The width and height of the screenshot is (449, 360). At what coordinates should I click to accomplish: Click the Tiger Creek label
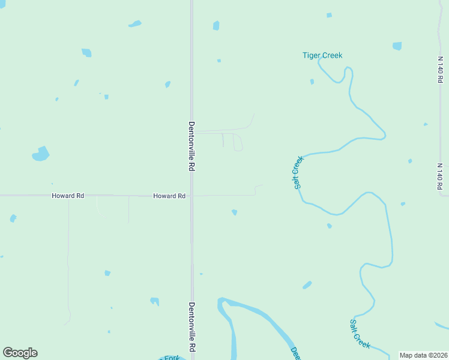point(322,56)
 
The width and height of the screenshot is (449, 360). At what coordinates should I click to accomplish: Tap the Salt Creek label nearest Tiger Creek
point(298,173)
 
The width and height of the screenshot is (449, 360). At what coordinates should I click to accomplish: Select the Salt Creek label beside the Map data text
point(360,334)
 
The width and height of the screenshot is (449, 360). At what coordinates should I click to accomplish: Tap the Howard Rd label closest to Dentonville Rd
point(169,196)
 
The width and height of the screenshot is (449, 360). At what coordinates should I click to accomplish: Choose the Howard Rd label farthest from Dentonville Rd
point(68,196)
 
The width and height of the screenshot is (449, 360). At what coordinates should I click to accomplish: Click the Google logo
point(20,353)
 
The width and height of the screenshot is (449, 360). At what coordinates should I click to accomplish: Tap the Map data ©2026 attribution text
point(423,355)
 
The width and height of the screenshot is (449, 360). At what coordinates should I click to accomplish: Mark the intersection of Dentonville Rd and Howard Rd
point(192,196)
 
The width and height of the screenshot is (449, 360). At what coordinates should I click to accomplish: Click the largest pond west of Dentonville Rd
point(41,154)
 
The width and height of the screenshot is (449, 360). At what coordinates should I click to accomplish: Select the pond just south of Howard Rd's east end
point(234,212)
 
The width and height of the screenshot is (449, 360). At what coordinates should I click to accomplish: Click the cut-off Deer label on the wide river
point(295,352)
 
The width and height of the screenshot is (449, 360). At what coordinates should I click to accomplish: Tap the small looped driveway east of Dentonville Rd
point(238,143)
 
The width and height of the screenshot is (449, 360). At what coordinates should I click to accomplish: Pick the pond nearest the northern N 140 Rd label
point(397,46)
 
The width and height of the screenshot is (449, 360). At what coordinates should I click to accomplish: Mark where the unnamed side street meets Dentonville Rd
point(192,131)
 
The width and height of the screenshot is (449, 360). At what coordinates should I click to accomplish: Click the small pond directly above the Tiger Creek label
point(329,15)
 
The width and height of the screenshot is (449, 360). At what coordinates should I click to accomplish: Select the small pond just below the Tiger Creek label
point(312,82)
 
